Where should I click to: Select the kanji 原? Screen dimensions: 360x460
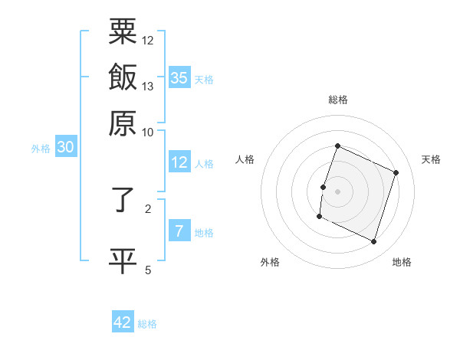pyautogui.click(x=123, y=122)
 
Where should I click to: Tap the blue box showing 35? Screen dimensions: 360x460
pyautogui.click(x=179, y=77)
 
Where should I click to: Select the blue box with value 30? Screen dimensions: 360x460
pyautogui.click(x=65, y=148)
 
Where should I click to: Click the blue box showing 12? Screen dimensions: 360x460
pyautogui.click(x=179, y=162)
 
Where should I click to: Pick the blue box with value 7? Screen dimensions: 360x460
pyautogui.click(x=179, y=231)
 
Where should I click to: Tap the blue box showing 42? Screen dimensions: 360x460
pyautogui.click(x=123, y=322)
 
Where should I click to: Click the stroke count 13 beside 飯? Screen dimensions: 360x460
pyautogui.click(x=148, y=86)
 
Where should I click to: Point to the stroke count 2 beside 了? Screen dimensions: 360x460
pyautogui.click(x=148, y=208)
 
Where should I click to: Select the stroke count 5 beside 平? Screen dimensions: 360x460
pyautogui.click(x=148, y=269)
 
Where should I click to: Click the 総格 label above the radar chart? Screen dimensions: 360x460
pyautogui.click(x=338, y=100)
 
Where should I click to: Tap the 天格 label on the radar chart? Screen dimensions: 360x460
pyautogui.click(x=431, y=159)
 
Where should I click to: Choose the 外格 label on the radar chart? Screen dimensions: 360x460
pyautogui.click(x=270, y=262)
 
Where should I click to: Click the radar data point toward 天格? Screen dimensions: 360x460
pyautogui.click(x=396, y=172)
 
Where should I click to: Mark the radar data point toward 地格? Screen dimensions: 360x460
pyautogui.click(x=374, y=242)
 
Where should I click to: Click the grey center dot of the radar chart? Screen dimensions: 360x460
pyautogui.click(x=338, y=191)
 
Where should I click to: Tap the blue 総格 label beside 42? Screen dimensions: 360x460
pyautogui.click(x=147, y=324)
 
